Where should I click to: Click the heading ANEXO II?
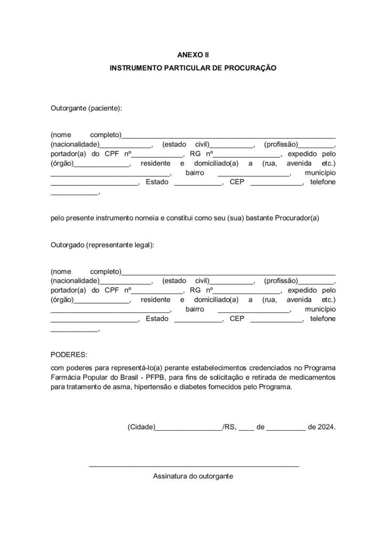(192, 55)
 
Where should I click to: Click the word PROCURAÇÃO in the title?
(249, 69)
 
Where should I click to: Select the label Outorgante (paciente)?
(86, 108)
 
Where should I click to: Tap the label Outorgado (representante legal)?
(102, 245)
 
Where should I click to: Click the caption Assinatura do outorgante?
(193, 476)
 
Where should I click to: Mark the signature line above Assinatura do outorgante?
(194, 466)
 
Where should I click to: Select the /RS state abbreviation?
(229, 427)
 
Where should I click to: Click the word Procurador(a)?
(297, 218)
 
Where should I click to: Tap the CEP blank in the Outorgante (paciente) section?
(276, 184)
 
